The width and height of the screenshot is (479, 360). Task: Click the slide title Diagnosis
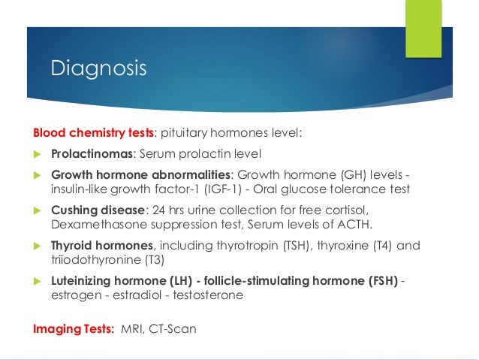tap(98, 68)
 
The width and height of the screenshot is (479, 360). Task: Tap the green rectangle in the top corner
tap(423, 28)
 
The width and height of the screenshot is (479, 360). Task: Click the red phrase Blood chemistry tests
tap(92, 133)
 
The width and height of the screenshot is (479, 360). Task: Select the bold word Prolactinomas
tap(92, 154)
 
